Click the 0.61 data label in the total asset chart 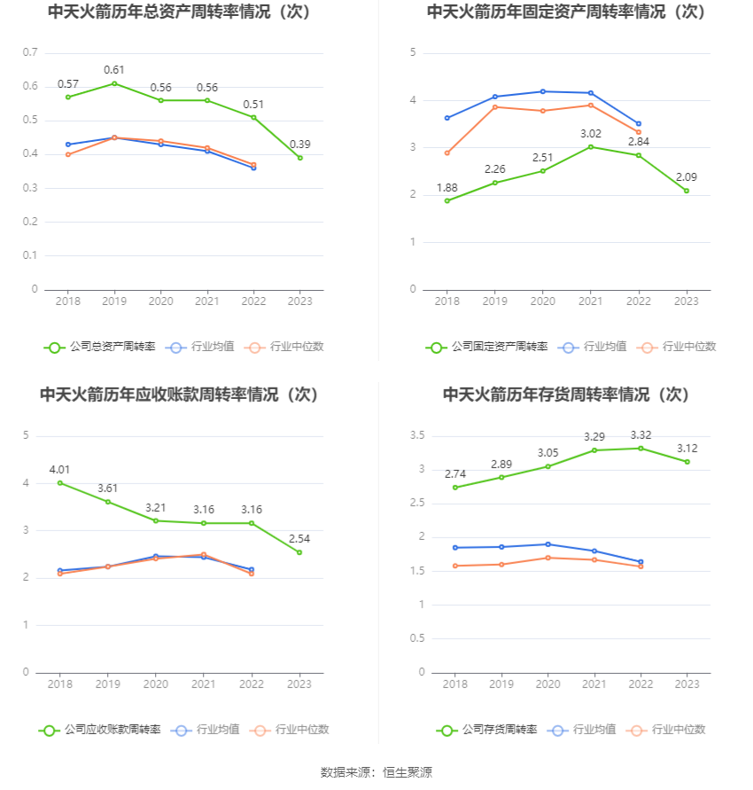point(114,70)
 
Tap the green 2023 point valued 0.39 point(300,158)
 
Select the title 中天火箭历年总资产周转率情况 point(181,12)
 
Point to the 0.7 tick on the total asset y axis point(30,52)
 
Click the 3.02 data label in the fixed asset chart point(591,134)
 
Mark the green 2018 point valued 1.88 point(447,200)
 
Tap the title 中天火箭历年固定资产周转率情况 point(567,12)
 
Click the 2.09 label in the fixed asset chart point(687,177)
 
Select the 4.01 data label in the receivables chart point(59,469)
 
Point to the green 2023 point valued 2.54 point(299,552)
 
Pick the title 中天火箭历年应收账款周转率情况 point(181,395)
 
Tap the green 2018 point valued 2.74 point(454,488)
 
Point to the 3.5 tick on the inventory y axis point(416,435)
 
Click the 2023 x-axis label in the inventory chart point(687,684)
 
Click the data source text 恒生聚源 point(408,772)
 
